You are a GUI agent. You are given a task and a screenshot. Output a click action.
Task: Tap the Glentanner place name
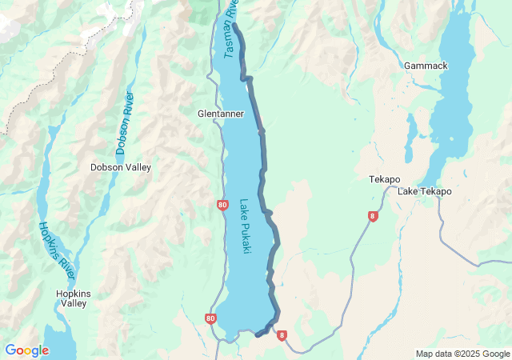coord(220,114)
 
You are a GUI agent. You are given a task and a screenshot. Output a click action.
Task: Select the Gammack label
coord(426,66)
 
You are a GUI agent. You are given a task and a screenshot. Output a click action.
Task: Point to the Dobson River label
coord(126,123)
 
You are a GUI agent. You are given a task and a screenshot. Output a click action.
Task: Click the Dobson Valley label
coord(120,167)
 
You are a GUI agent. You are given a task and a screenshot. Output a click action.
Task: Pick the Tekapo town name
coord(384,179)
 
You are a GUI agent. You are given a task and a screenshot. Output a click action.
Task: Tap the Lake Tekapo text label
coord(425,191)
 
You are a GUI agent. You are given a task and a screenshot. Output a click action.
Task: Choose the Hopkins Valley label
coord(73,298)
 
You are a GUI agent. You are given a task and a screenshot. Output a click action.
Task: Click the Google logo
coord(26,350)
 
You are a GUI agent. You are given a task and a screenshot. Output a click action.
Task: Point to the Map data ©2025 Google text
coord(462,354)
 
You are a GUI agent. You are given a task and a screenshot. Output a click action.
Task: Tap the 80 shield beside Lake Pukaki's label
coord(222,205)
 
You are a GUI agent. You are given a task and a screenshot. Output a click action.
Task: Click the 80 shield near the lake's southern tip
coord(210,318)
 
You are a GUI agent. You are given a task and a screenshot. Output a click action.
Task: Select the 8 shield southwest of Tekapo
coord(373,216)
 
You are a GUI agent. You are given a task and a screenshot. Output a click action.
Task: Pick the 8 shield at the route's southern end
coord(282,336)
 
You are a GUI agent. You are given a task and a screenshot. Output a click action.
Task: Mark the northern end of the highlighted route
coord(234,26)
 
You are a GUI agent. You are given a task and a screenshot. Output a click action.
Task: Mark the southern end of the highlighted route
coord(258,334)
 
